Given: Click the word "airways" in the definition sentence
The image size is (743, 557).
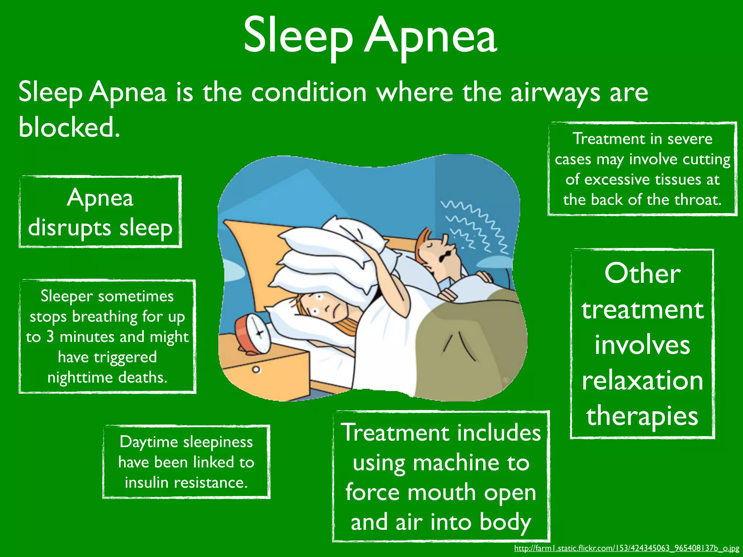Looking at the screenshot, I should [x=555, y=93].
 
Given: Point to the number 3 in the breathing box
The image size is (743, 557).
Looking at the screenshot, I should [x=50, y=337].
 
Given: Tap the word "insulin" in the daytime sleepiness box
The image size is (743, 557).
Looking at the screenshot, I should [x=147, y=483].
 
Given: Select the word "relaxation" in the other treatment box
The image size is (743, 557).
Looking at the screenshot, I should [x=643, y=381].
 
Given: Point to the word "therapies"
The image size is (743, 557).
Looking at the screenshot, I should [x=643, y=416].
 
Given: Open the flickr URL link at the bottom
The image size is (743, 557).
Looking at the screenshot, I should [x=627, y=548].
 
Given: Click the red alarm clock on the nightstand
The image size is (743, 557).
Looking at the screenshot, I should [x=253, y=334].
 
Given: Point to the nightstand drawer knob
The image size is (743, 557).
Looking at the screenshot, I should [x=256, y=370].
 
